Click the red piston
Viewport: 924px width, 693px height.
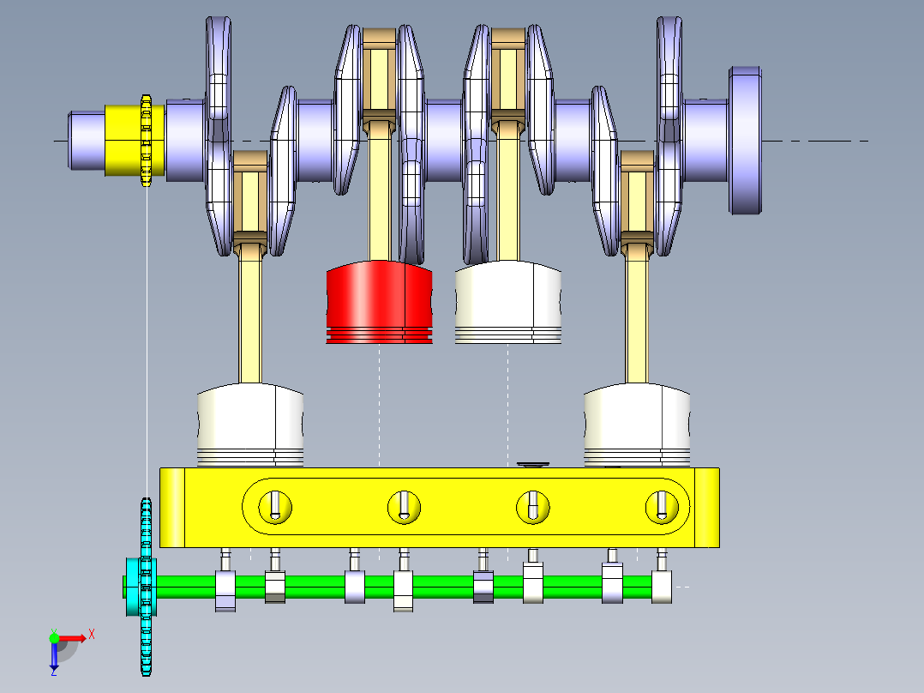point(379,303)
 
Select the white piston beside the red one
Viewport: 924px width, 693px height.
point(508,303)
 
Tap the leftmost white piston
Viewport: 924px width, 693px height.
point(250,425)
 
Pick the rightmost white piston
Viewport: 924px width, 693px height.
point(637,425)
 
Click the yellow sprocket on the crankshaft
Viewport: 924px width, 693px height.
point(146,141)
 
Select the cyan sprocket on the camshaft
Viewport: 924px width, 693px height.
point(146,587)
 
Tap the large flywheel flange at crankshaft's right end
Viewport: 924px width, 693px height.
point(745,141)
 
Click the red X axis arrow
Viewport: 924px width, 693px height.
point(72,638)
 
